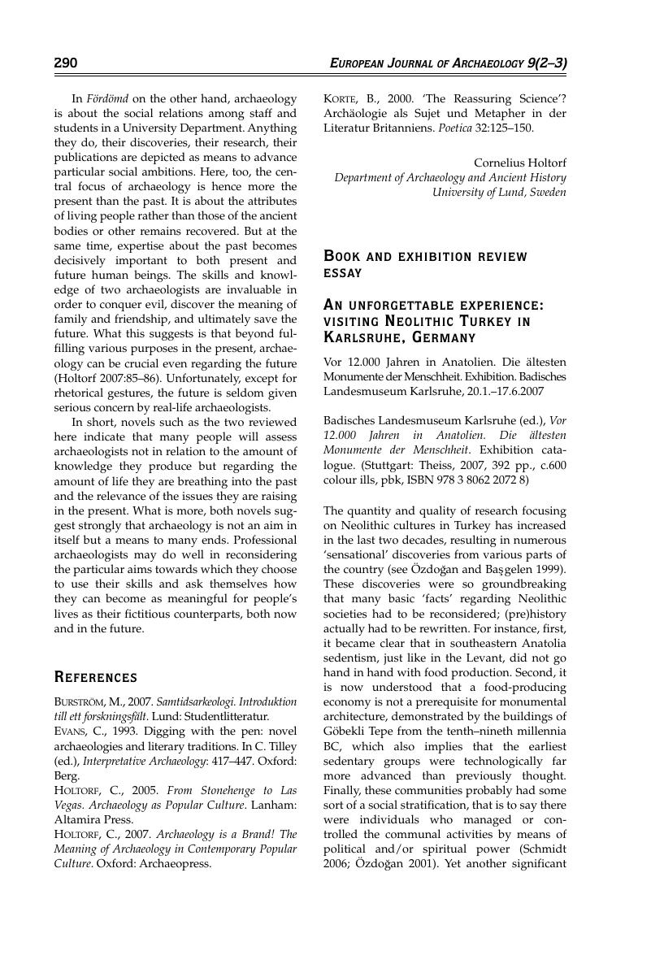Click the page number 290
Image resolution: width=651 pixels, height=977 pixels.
(x=66, y=63)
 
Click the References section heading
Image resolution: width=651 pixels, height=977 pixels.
(x=95, y=677)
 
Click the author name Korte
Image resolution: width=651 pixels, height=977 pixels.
(x=341, y=98)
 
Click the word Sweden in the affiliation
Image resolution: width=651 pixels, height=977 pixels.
(x=546, y=192)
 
